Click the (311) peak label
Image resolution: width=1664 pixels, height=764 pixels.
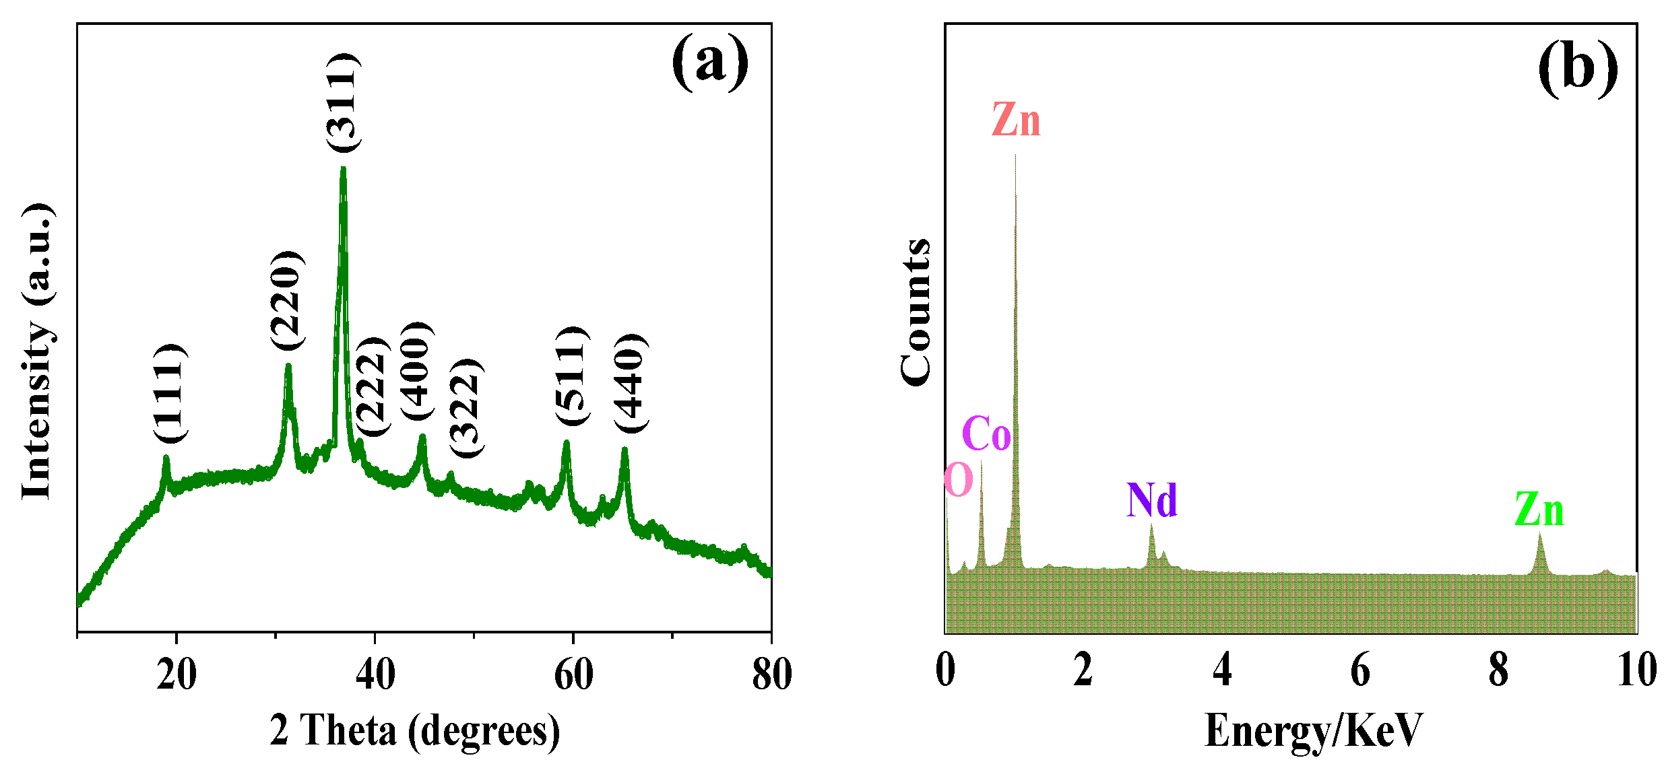tap(344, 102)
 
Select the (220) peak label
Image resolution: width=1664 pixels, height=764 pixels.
tap(287, 300)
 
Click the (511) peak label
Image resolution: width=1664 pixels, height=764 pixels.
tap(572, 375)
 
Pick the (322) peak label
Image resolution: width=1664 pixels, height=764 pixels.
tap(466, 408)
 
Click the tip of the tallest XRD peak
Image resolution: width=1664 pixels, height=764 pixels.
tap(343, 168)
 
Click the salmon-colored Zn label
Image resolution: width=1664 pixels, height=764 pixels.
tap(1016, 120)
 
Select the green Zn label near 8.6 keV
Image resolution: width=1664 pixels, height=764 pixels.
tap(1539, 510)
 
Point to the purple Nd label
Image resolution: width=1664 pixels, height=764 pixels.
tap(1152, 500)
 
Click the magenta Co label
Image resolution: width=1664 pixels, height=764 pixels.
tap(986, 433)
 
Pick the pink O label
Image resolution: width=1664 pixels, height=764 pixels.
tap(959, 480)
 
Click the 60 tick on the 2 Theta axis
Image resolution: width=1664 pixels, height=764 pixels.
tap(573, 673)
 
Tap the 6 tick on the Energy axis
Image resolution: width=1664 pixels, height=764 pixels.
tap(1360, 672)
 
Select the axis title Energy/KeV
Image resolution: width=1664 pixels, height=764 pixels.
tap(1314, 730)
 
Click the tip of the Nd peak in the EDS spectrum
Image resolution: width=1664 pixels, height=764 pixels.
tap(1151, 525)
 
